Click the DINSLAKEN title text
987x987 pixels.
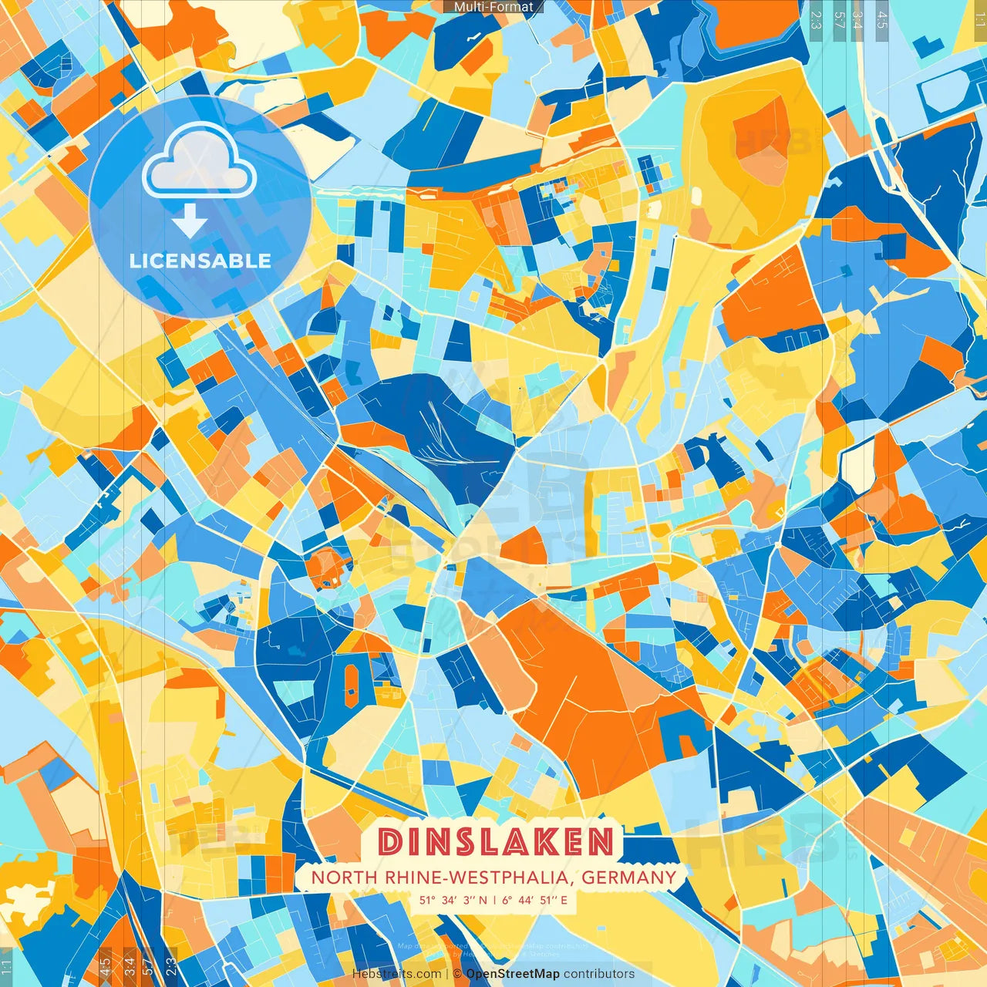497,842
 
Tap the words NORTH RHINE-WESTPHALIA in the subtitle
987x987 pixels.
443,878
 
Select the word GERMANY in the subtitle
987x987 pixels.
628,878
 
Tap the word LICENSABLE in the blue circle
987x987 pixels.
200,261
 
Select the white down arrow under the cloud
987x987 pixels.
190,222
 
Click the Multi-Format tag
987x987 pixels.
493,7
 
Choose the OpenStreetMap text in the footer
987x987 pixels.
513,974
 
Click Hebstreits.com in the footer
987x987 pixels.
396,974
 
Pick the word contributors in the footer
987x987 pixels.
599,974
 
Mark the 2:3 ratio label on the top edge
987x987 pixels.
816,20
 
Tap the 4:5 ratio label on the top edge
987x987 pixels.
881,20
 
